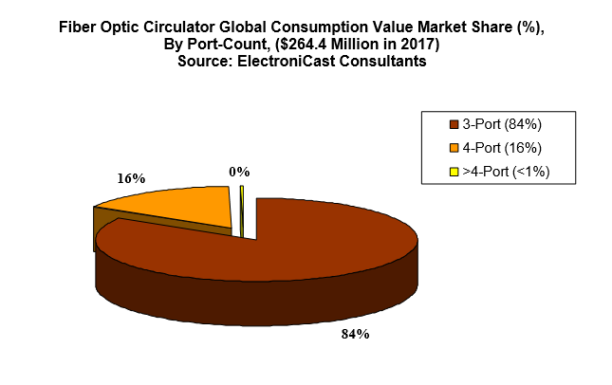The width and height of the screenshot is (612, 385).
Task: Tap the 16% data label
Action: (131, 178)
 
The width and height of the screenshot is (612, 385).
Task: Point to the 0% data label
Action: (239, 172)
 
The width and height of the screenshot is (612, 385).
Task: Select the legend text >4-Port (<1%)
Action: (506, 172)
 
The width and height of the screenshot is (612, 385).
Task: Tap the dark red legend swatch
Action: (453, 124)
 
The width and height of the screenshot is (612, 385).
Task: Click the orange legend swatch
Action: (453, 148)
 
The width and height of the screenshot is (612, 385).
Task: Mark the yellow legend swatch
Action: (453, 172)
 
